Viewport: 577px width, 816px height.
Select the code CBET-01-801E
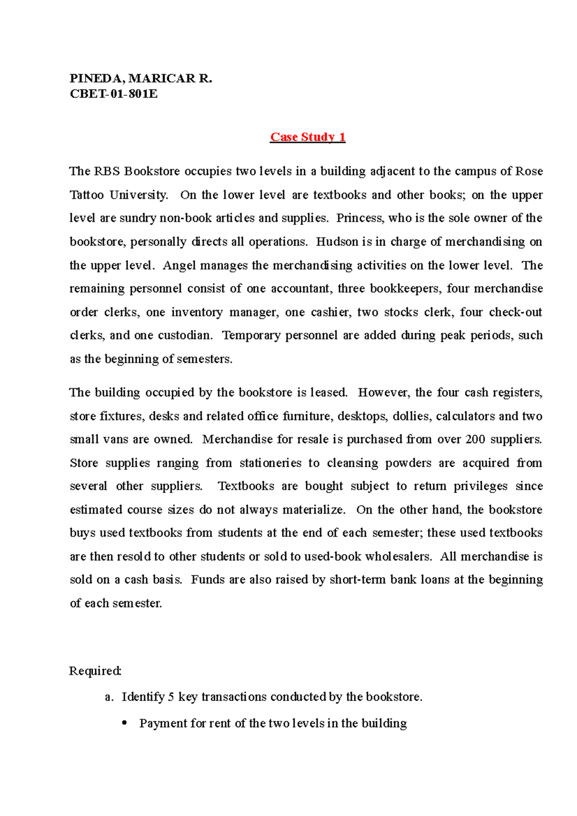(x=113, y=94)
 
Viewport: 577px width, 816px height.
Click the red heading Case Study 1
(x=308, y=137)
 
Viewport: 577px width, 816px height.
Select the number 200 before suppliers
(x=475, y=439)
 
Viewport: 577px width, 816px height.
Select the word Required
(x=95, y=671)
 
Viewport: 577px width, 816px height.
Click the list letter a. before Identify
(x=109, y=697)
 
